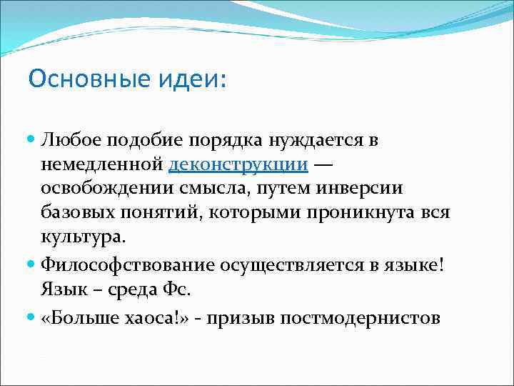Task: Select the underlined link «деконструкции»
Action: (x=238, y=166)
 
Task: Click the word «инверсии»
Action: (x=366, y=189)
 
